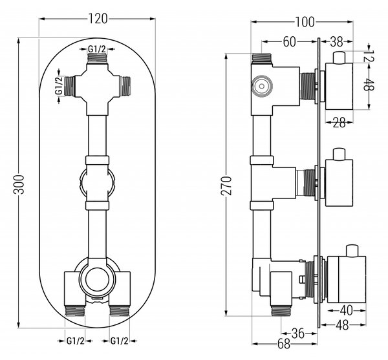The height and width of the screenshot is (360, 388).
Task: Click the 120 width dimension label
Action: [x=98, y=19]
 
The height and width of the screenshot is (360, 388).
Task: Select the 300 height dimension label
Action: [x=19, y=184]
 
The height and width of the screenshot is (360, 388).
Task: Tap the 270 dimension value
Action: [x=226, y=185]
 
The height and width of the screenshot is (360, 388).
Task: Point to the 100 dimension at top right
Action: [x=305, y=22]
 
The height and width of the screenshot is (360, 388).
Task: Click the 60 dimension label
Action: [x=289, y=41]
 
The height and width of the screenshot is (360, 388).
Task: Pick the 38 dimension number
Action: [x=336, y=41]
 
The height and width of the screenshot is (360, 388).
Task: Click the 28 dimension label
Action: [x=339, y=122]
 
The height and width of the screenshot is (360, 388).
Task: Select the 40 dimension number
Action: [x=347, y=310]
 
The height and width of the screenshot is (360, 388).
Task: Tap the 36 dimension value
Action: [x=298, y=334]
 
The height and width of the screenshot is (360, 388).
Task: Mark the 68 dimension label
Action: [x=284, y=344]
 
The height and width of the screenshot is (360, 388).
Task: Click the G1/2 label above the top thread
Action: [x=97, y=49]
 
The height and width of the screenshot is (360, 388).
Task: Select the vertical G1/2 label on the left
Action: [x=59, y=85]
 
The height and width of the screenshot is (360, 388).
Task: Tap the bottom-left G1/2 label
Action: [x=76, y=341]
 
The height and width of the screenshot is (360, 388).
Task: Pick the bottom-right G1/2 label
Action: [x=120, y=341]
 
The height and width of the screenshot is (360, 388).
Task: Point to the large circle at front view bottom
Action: [x=97, y=279]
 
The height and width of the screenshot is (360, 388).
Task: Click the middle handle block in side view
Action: [x=339, y=183]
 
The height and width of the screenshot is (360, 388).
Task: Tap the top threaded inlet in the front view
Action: [x=97, y=58]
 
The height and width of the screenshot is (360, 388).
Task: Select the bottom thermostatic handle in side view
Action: [x=347, y=279]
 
